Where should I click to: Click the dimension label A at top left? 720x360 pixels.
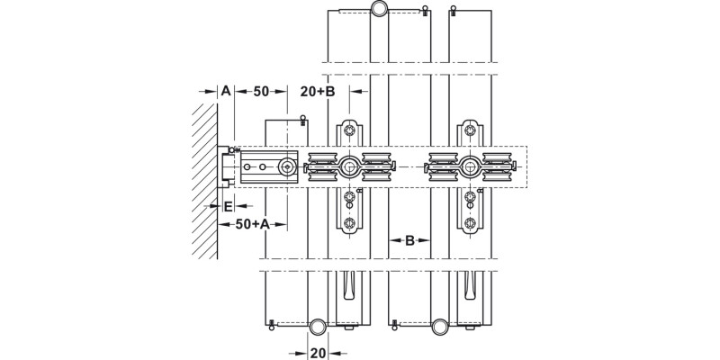coord(226,91)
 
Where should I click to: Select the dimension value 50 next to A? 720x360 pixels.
coord(261,91)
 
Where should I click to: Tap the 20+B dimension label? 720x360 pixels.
coord(317,91)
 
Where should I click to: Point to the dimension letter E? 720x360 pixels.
coord(228,206)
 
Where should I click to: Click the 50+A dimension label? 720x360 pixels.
coord(254,225)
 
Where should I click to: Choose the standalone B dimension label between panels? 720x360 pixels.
coord(409,240)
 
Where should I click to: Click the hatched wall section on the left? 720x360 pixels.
coord(205,180)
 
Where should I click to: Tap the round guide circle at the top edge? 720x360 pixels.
coord(380,10)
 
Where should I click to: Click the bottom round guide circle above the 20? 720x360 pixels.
coord(318,326)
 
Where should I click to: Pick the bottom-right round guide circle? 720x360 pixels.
coord(440,326)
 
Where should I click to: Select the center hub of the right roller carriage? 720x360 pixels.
coord(469,166)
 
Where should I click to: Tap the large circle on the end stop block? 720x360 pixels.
coord(287,166)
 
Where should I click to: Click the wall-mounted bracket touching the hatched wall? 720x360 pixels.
coord(225,166)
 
